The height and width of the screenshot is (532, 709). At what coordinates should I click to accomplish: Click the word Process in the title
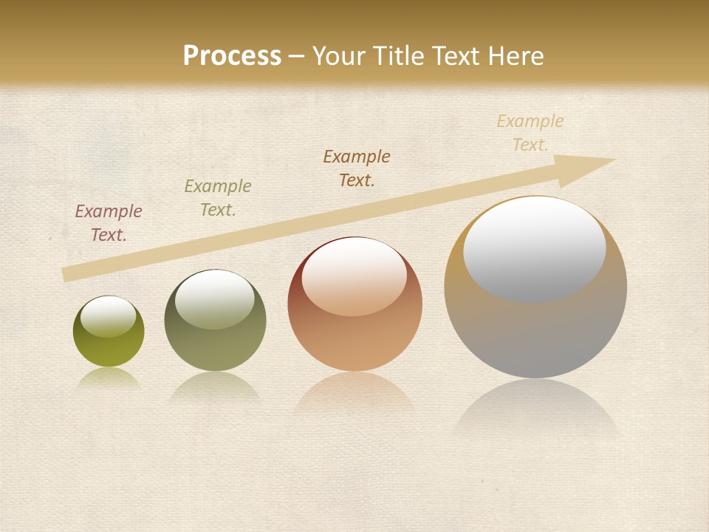pos(232,56)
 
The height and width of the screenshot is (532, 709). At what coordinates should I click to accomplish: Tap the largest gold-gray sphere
pos(535,332)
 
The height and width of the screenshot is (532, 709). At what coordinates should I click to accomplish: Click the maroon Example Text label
pos(109,223)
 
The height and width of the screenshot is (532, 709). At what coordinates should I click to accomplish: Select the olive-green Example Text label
pos(218,198)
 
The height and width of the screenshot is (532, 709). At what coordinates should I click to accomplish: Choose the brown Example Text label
pos(357,168)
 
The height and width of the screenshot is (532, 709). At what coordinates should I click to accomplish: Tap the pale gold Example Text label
pos(530,133)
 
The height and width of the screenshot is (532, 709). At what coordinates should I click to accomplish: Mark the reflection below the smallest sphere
pos(109,378)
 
